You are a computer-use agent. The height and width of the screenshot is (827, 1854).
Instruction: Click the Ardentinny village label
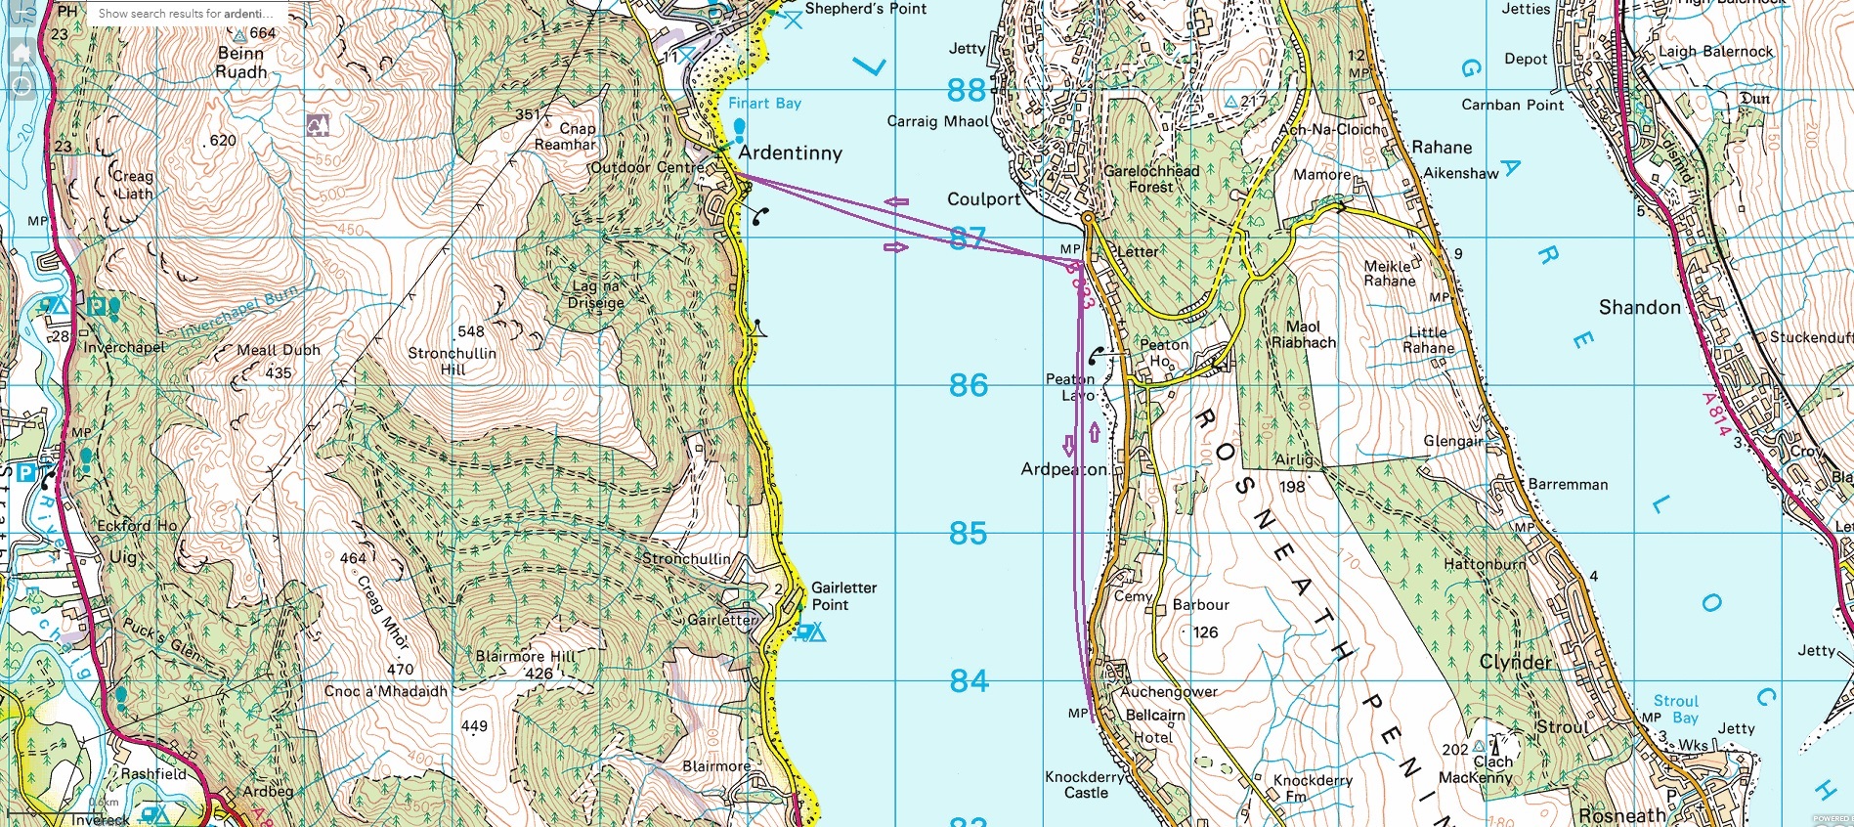790,152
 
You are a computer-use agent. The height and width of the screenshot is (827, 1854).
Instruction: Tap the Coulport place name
983,198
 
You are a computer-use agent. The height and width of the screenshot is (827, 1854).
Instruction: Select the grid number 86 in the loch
968,385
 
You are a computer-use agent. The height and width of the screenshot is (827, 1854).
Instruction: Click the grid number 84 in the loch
969,680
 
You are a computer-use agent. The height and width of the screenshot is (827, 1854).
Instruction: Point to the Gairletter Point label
843,595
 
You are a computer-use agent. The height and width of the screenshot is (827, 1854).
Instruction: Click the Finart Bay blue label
764,103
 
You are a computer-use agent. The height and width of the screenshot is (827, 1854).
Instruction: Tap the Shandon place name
1639,307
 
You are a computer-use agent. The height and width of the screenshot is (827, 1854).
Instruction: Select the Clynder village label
1515,662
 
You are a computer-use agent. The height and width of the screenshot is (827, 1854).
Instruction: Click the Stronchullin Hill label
453,361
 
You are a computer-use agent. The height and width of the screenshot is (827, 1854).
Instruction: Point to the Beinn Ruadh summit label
240,63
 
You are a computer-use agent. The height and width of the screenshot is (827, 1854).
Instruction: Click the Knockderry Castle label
1085,784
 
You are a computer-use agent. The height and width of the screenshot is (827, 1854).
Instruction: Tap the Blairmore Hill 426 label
525,665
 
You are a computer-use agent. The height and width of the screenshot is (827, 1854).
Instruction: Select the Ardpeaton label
1063,469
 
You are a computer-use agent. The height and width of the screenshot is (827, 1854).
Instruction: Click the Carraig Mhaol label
938,121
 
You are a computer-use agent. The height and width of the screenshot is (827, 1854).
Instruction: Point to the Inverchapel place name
125,347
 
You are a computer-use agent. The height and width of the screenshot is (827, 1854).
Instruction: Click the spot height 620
223,140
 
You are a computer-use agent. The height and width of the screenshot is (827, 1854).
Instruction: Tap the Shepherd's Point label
865,9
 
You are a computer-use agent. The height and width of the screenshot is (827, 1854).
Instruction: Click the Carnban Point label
1512,105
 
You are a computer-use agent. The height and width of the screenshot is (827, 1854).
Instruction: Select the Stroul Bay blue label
1675,709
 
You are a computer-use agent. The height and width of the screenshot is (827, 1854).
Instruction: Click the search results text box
186,14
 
